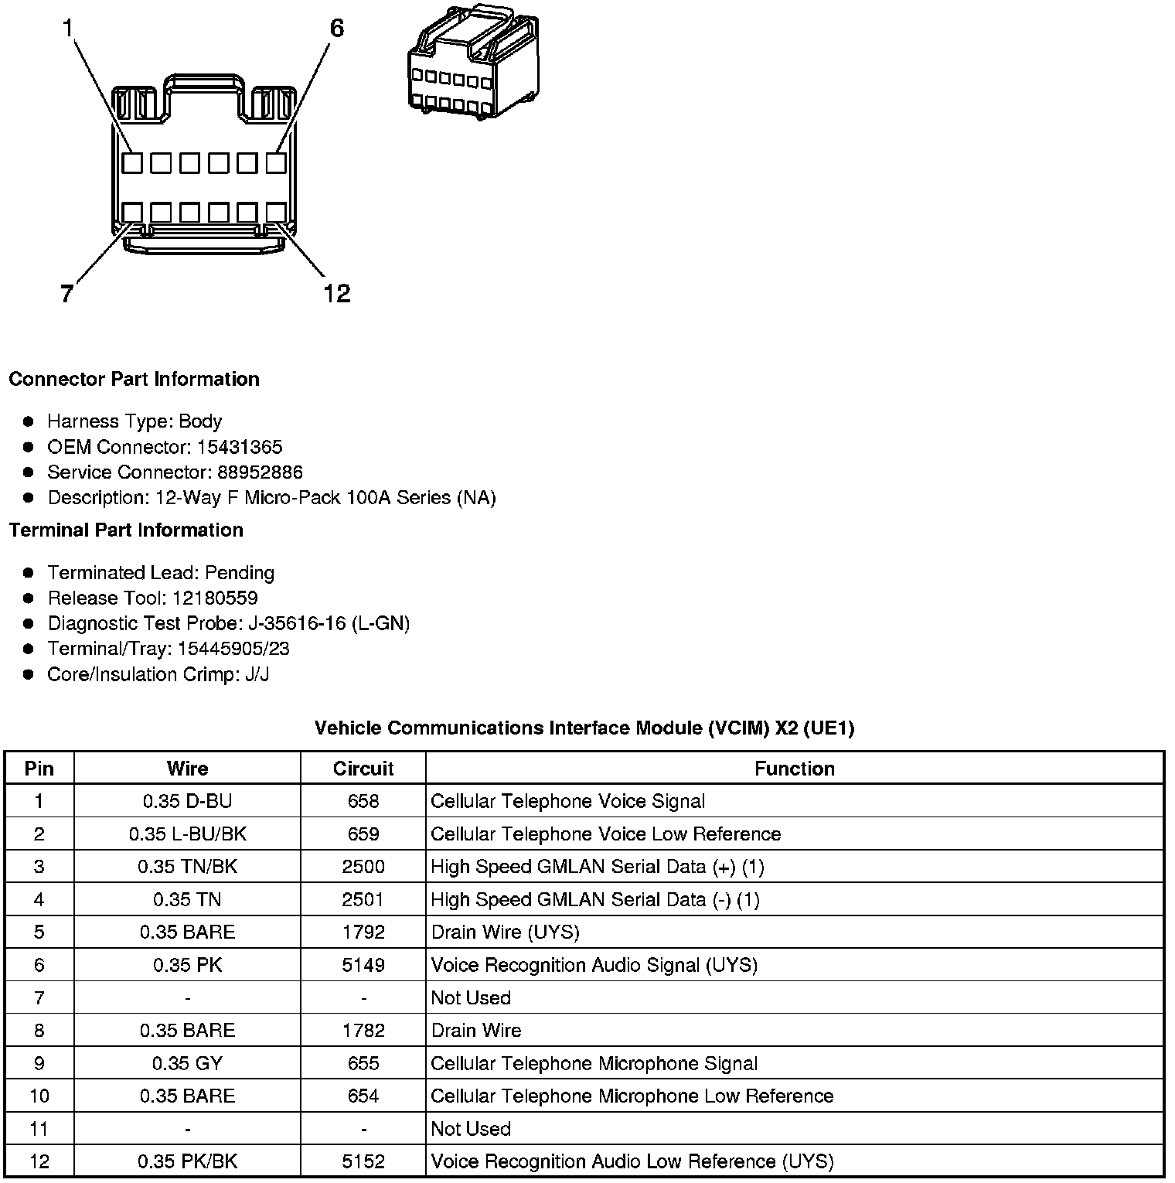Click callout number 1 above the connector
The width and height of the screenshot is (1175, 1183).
click(67, 29)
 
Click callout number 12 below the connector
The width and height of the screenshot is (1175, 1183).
click(337, 293)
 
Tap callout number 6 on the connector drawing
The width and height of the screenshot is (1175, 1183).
click(336, 29)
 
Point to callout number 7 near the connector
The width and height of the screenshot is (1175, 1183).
click(66, 294)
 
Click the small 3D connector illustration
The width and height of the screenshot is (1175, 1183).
click(472, 62)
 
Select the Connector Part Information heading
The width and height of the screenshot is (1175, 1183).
click(134, 379)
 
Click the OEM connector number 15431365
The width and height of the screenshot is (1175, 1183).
click(240, 447)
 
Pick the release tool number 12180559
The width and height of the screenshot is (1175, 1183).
click(215, 598)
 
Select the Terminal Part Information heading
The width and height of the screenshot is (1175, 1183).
click(126, 530)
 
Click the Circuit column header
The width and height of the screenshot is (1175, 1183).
click(363, 769)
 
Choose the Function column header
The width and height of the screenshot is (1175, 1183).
click(794, 769)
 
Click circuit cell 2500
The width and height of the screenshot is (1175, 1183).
click(363, 867)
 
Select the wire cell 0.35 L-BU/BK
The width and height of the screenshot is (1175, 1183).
click(187, 834)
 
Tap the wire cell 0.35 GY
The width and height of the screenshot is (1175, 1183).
click(187, 1063)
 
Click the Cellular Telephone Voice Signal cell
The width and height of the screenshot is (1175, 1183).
click(567, 801)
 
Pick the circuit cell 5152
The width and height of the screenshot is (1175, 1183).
click(363, 1161)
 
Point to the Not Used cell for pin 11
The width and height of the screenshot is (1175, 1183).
click(471, 1129)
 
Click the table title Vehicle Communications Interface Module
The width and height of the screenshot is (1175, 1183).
click(584, 728)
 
